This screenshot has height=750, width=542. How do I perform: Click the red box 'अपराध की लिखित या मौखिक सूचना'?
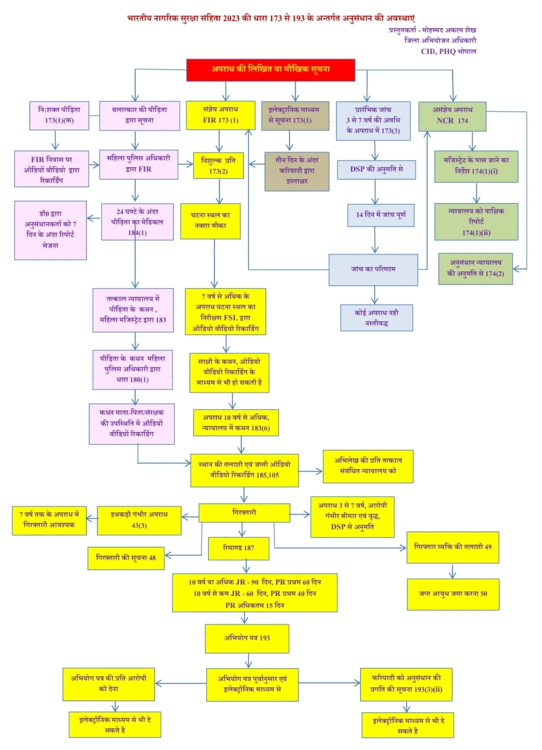tap(270, 69)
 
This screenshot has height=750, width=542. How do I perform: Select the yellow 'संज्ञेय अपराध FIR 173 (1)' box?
tap(221, 115)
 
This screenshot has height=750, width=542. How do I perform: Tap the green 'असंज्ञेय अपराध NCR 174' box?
tap(452, 116)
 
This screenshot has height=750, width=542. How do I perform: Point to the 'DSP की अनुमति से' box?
tap(376, 170)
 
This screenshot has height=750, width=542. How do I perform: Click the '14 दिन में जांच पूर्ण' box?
tap(381, 215)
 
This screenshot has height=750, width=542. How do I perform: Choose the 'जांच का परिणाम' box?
tap(373, 269)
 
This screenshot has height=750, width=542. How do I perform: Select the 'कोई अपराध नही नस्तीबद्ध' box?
tap(376, 318)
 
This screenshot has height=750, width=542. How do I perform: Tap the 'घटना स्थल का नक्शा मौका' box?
tap(210, 221)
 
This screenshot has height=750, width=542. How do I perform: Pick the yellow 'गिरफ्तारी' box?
tap(244, 513)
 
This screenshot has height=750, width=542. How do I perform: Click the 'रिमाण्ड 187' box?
tap(238, 548)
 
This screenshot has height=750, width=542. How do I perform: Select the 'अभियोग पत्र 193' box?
tap(247, 638)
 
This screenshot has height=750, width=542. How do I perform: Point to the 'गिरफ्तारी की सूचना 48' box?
tap(126, 558)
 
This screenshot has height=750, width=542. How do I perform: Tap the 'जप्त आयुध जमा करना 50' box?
tap(453, 594)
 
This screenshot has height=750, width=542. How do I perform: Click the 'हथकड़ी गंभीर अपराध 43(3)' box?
tap(139, 520)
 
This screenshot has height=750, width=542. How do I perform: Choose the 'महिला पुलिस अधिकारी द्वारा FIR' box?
tap(139, 164)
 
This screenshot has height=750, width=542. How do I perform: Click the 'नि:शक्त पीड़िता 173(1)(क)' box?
tap(59, 115)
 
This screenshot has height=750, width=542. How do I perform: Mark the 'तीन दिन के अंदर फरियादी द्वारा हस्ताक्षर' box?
tap(297, 171)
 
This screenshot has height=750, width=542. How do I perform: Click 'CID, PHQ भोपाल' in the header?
tap(448, 51)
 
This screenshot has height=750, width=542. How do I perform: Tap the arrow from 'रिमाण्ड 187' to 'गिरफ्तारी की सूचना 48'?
tap(187, 555)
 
